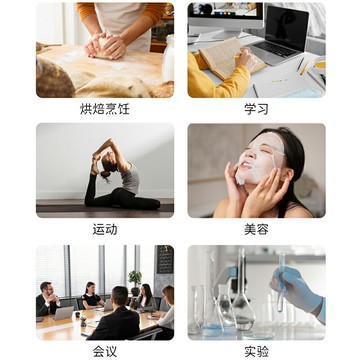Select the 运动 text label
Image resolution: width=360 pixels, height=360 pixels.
coord(105,229)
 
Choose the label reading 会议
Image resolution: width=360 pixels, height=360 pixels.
coord(105,351)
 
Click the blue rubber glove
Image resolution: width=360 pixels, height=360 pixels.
coord(300,290)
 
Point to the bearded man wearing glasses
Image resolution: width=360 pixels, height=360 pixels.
coord(46,299)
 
